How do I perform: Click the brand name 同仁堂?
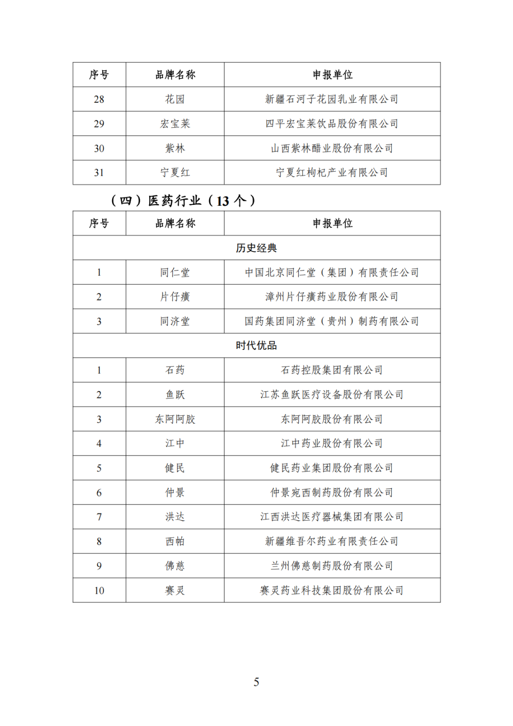(x=175, y=272)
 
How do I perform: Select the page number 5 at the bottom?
(x=256, y=682)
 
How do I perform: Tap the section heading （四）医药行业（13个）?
(x=183, y=201)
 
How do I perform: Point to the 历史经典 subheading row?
(x=256, y=248)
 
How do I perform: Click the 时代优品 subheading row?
(x=256, y=346)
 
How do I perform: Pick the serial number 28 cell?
(x=99, y=99)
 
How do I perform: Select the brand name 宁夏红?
(x=175, y=173)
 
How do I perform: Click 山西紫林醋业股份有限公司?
(x=332, y=148)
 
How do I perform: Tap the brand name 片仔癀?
(x=175, y=297)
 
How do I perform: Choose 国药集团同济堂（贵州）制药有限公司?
(x=332, y=321)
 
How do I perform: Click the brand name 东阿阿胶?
(x=175, y=419)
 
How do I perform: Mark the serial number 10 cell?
(x=99, y=590)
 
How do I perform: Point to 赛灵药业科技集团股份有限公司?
(x=332, y=590)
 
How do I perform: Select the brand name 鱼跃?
(x=175, y=395)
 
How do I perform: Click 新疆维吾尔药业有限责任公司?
(x=332, y=541)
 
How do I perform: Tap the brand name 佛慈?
(x=175, y=566)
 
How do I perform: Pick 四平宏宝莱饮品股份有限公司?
(x=332, y=124)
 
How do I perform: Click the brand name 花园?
(x=175, y=99)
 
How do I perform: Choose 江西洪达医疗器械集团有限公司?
(x=332, y=517)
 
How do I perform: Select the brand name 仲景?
(x=175, y=493)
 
